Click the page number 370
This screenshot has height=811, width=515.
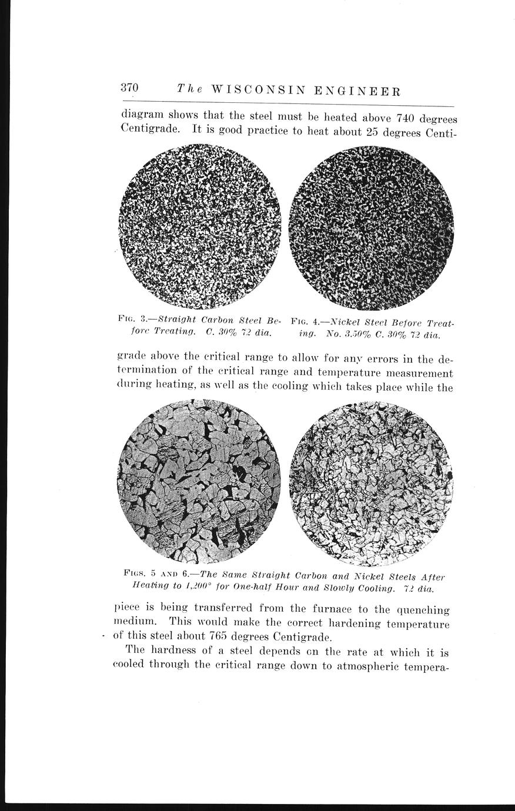[x=129, y=88]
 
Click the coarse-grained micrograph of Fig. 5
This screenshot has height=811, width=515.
[x=199, y=480]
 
